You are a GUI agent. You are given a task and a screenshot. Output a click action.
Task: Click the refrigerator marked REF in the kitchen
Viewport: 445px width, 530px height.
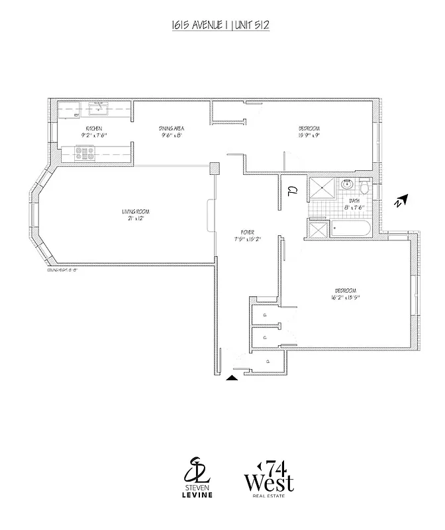click(77, 115)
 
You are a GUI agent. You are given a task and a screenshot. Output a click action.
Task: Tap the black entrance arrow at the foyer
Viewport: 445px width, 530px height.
click(232, 378)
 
